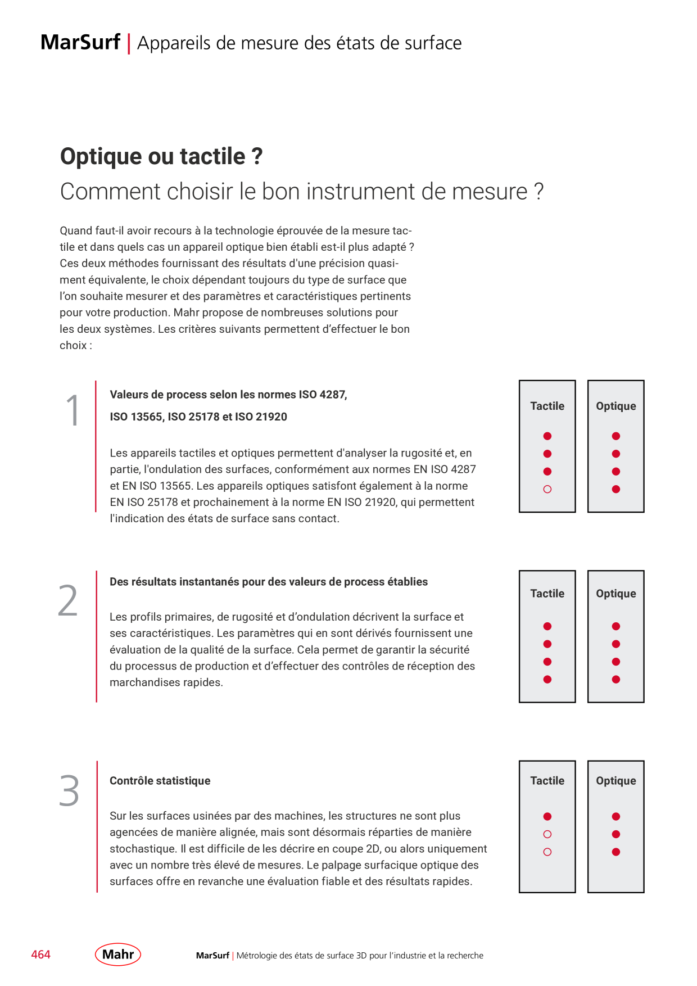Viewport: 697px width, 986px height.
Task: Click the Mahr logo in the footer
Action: coord(118,954)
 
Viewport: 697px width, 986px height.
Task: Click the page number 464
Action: coord(40,955)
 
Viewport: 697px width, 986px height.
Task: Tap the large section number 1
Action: coord(73,410)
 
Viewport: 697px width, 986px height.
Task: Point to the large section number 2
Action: coord(68,600)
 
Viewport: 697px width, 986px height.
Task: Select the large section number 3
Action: coord(69,790)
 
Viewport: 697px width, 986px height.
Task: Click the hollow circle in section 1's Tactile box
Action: coord(547,489)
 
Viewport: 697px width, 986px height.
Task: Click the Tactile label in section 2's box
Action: coord(547,594)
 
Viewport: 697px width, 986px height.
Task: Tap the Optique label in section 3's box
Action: coord(616,781)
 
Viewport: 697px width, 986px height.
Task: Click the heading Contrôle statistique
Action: coord(160,780)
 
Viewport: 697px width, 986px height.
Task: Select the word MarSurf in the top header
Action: coord(80,42)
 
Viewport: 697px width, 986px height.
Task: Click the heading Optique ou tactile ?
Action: coord(161,156)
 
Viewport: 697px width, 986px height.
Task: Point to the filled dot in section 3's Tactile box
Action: coord(547,816)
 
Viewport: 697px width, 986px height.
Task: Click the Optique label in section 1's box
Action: coord(616,406)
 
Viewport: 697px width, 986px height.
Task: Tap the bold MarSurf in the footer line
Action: coord(212,955)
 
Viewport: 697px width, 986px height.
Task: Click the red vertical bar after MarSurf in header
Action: coord(129,43)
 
